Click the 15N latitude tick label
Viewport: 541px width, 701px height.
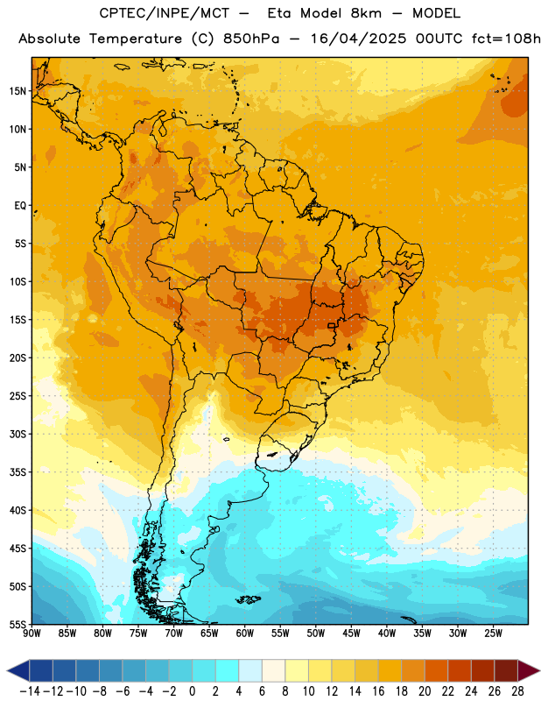point(18,91)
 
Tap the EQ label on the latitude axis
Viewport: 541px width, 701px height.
point(20,206)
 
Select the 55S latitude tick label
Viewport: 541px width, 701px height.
point(18,624)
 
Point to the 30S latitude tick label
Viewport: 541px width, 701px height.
point(18,434)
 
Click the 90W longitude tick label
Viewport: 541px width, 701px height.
point(32,633)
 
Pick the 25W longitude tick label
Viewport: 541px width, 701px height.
point(493,633)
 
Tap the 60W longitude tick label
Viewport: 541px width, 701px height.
point(245,633)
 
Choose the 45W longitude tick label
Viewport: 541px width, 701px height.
point(351,633)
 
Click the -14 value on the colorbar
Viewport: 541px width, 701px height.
point(30,691)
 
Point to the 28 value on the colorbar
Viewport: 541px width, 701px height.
point(517,691)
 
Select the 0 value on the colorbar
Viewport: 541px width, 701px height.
point(192,691)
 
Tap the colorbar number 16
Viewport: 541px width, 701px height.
point(378,691)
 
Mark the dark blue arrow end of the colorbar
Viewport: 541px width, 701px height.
point(18,670)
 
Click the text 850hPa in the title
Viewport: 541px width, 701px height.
point(251,39)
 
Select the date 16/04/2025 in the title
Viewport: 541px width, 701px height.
point(358,39)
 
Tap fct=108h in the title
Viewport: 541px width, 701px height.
point(506,39)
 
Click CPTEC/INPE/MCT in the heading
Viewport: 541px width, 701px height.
point(165,13)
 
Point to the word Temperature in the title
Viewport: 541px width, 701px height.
point(136,39)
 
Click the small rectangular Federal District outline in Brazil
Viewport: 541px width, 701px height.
point(332,325)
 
